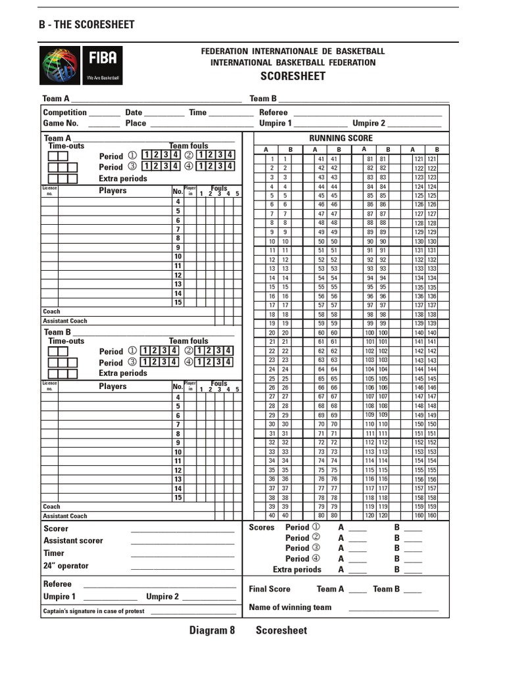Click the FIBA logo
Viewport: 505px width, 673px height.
81,65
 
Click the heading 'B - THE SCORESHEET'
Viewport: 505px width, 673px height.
87,25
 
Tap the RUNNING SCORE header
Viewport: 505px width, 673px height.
341,138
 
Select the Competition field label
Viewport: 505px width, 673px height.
65,112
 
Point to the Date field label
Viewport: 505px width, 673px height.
133,112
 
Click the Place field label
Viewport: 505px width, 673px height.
135,123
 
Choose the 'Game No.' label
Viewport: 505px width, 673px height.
60,123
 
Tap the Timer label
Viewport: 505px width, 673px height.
54,553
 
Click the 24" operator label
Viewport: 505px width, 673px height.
66,566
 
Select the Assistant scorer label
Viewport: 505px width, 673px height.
73,541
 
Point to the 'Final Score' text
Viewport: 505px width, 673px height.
270,590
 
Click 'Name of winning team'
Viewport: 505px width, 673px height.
290,607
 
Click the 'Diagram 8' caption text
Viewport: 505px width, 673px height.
212,631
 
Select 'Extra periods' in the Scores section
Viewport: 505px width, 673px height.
297,570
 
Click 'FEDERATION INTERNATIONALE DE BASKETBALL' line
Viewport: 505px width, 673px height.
293,51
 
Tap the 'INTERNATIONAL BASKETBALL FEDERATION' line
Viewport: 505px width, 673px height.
293,62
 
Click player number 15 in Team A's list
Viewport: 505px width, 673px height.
178,302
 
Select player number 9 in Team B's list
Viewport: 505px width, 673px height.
178,443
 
